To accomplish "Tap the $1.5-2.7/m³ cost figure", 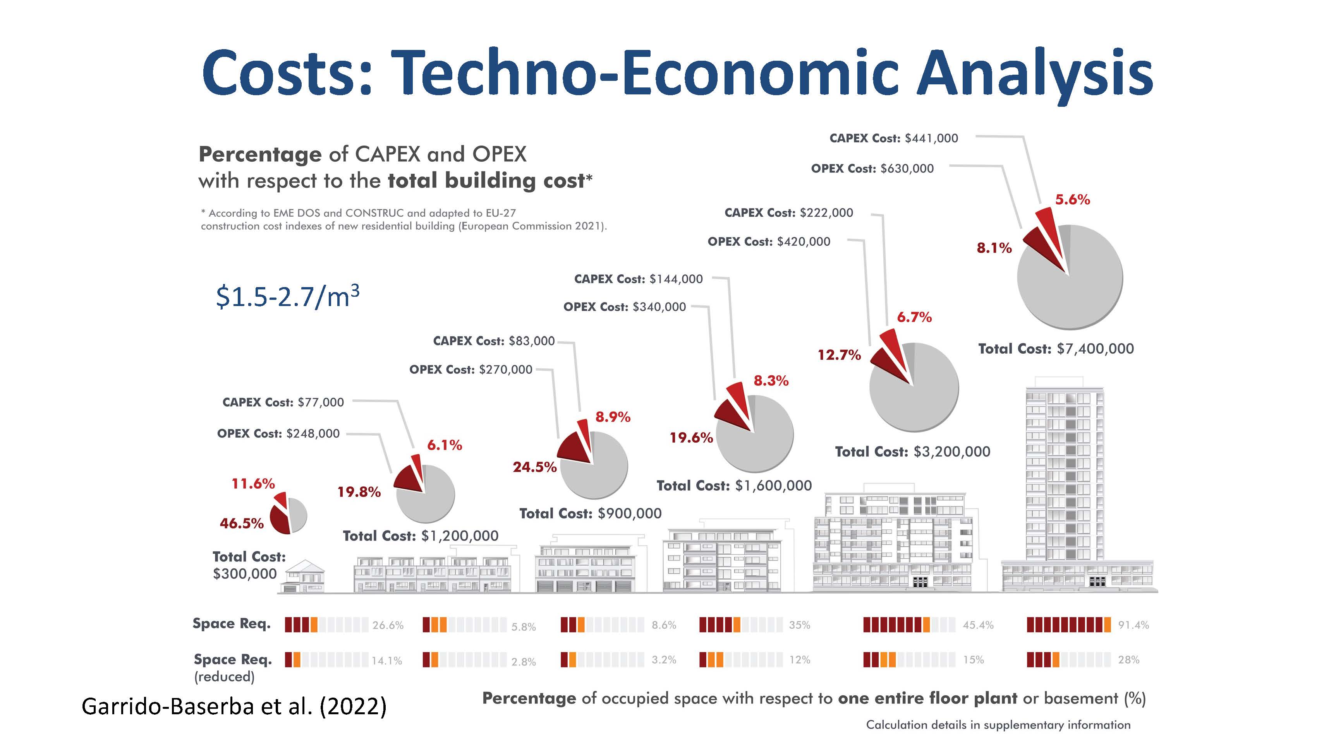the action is click(x=287, y=296).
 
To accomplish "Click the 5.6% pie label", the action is click(x=1073, y=200).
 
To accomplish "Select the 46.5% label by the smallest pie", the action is click(x=242, y=523).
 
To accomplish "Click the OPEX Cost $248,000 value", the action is click(x=313, y=433).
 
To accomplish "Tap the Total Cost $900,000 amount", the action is click(x=630, y=513).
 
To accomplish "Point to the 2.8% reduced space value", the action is click(x=523, y=661).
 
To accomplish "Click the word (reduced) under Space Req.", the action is click(x=224, y=677).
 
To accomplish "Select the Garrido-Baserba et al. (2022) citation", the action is click(x=234, y=707).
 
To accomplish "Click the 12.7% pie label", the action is click(x=839, y=355).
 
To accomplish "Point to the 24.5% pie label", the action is click(x=535, y=467).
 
